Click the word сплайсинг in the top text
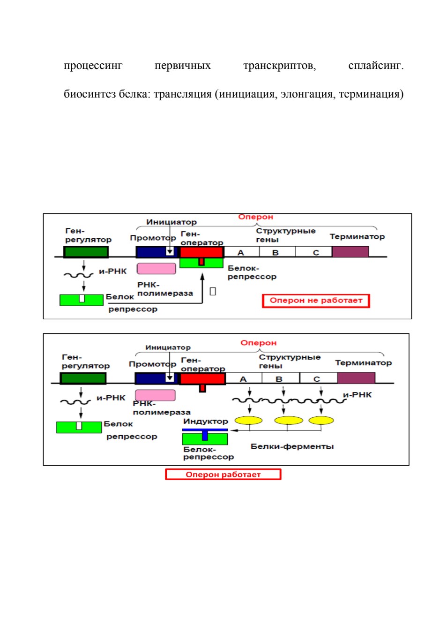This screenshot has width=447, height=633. click(376, 66)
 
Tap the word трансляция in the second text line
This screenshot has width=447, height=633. click(182, 94)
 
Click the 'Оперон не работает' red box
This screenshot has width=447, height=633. click(316, 301)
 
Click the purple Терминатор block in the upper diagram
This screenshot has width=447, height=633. click(350, 251)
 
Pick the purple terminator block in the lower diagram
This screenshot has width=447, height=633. click(357, 378)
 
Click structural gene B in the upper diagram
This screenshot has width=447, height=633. click(277, 251)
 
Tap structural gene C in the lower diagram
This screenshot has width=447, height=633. click(318, 378)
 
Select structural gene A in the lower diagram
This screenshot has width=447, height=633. click(243, 378)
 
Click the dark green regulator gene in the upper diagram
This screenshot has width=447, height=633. click(86, 252)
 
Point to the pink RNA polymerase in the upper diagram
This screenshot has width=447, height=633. click(156, 269)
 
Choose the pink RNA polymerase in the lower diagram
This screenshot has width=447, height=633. click(155, 395)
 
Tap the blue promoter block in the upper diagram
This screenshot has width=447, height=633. click(157, 252)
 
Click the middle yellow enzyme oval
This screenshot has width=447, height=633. click(289, 421)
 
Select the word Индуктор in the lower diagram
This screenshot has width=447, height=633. click(205, 422)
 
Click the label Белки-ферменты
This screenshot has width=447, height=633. click(292, 446)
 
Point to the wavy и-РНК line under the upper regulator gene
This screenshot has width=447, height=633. click(79, 275)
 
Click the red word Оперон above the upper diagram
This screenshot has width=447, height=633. click(255, 217)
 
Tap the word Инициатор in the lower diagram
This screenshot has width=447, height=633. click(168, 347)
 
